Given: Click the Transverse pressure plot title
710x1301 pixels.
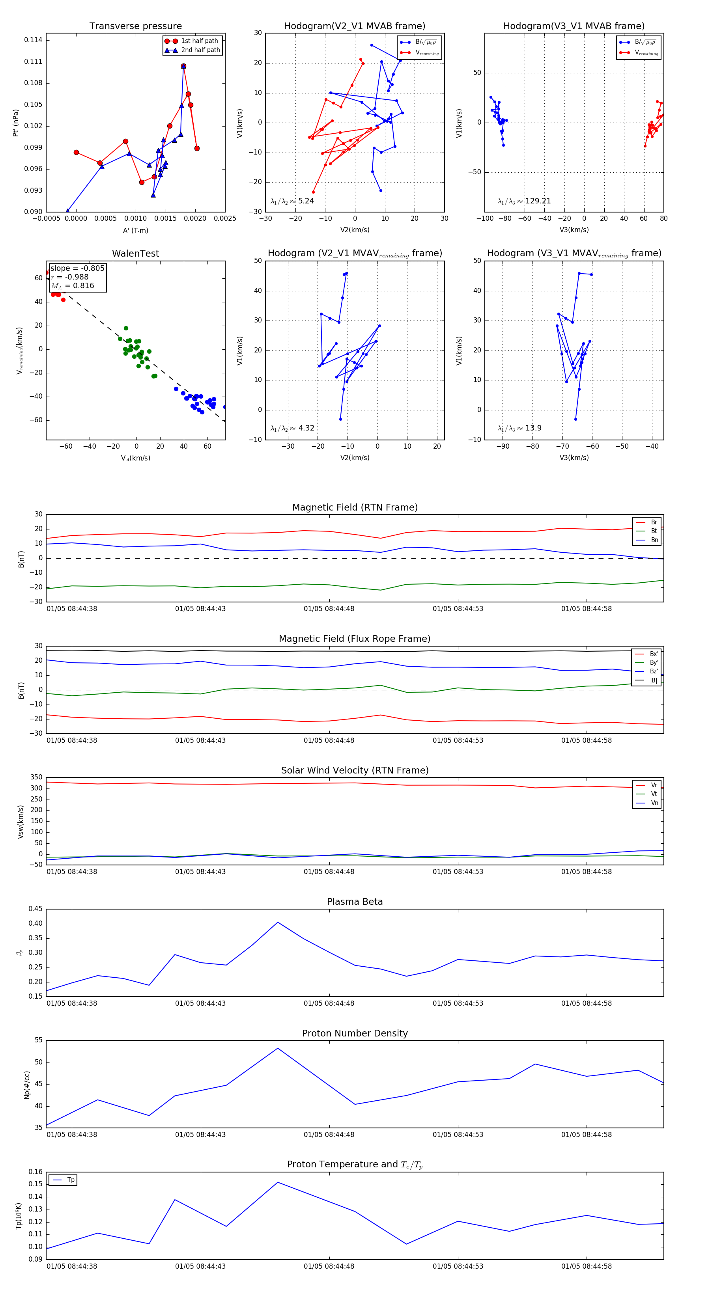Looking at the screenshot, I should (135, 26).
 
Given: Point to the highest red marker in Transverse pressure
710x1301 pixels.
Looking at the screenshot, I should (183, 66).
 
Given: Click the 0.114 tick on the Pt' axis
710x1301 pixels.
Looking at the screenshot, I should (34, 40).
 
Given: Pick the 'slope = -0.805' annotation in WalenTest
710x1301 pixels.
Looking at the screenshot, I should (77, 268).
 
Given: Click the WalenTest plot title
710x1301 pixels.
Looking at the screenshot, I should (135, 253).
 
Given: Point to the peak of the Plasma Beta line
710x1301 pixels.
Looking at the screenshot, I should (277, 922).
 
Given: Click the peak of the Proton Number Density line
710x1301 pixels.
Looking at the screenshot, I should (277, 1048).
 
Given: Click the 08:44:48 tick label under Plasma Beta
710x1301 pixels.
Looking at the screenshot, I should (329, 1003).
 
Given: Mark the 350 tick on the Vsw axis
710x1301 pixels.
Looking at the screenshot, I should (36, 777).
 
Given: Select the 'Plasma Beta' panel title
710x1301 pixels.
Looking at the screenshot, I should (355, 902).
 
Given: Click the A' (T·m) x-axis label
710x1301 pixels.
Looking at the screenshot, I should (135, 230).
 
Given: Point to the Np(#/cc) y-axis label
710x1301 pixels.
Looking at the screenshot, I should (27, 1084).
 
